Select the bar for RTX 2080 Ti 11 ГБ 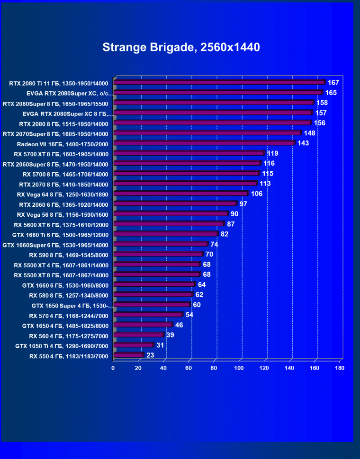pyautogui.click(x=219, y=82)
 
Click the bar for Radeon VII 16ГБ pyautogui.click(x=204, y=143)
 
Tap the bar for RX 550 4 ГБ pyautogui.click(x=128, y=355)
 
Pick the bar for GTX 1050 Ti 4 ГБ pyautogui.click(x=133, y=345)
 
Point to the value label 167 pyautogui.click(x=333, y=83)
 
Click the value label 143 pyautogui.click(x=303, y=143)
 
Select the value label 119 pyautogui.click(x=273, y=153)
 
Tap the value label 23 pyautogui.click(x=151, y=355)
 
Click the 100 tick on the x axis pyautogui.click(x=239, y=368)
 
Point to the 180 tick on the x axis pyautogui.click(x=339, y=368)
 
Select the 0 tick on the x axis pyautogui.click(x=113, y=368)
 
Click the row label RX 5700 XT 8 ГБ pyautogui.click(x=62, y=154)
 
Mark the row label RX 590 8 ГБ pyautogui.click(x=69, y=255)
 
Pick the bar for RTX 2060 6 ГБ pyautogui.click(x=175, y=203)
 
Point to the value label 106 pyautogui.click(x=257, y=194)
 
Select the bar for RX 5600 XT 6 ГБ pyautogui.click(x=169, y=224)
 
